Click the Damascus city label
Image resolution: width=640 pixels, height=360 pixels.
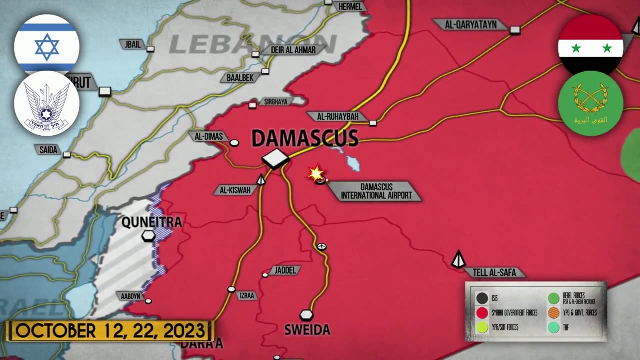tap(305, 138)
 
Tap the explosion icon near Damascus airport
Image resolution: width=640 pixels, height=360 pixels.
tap(316, 173)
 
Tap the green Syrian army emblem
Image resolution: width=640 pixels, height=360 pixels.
tap(591, 103)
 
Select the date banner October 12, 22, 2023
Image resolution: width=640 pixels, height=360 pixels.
tap(110, 331)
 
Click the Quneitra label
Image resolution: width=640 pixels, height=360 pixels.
tap(151, 222)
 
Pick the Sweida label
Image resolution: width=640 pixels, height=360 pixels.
tap(307, 330)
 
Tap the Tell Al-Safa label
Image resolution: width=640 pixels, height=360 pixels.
tap(495, 273)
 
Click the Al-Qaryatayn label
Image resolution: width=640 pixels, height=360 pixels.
tap(470, 24)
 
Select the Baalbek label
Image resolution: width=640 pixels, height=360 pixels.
tap(240, 78)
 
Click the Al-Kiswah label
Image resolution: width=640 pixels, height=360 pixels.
tap(235, 190)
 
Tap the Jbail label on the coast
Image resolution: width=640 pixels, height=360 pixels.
tap(133, 44)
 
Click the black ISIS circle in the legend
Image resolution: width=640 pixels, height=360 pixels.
tap(482, 298)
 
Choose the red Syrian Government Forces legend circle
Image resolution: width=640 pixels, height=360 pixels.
tap(482, 313)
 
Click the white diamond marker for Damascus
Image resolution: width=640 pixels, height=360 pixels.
tap(275, 159)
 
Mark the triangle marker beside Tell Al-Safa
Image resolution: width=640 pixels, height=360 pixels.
tap(458, 259)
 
